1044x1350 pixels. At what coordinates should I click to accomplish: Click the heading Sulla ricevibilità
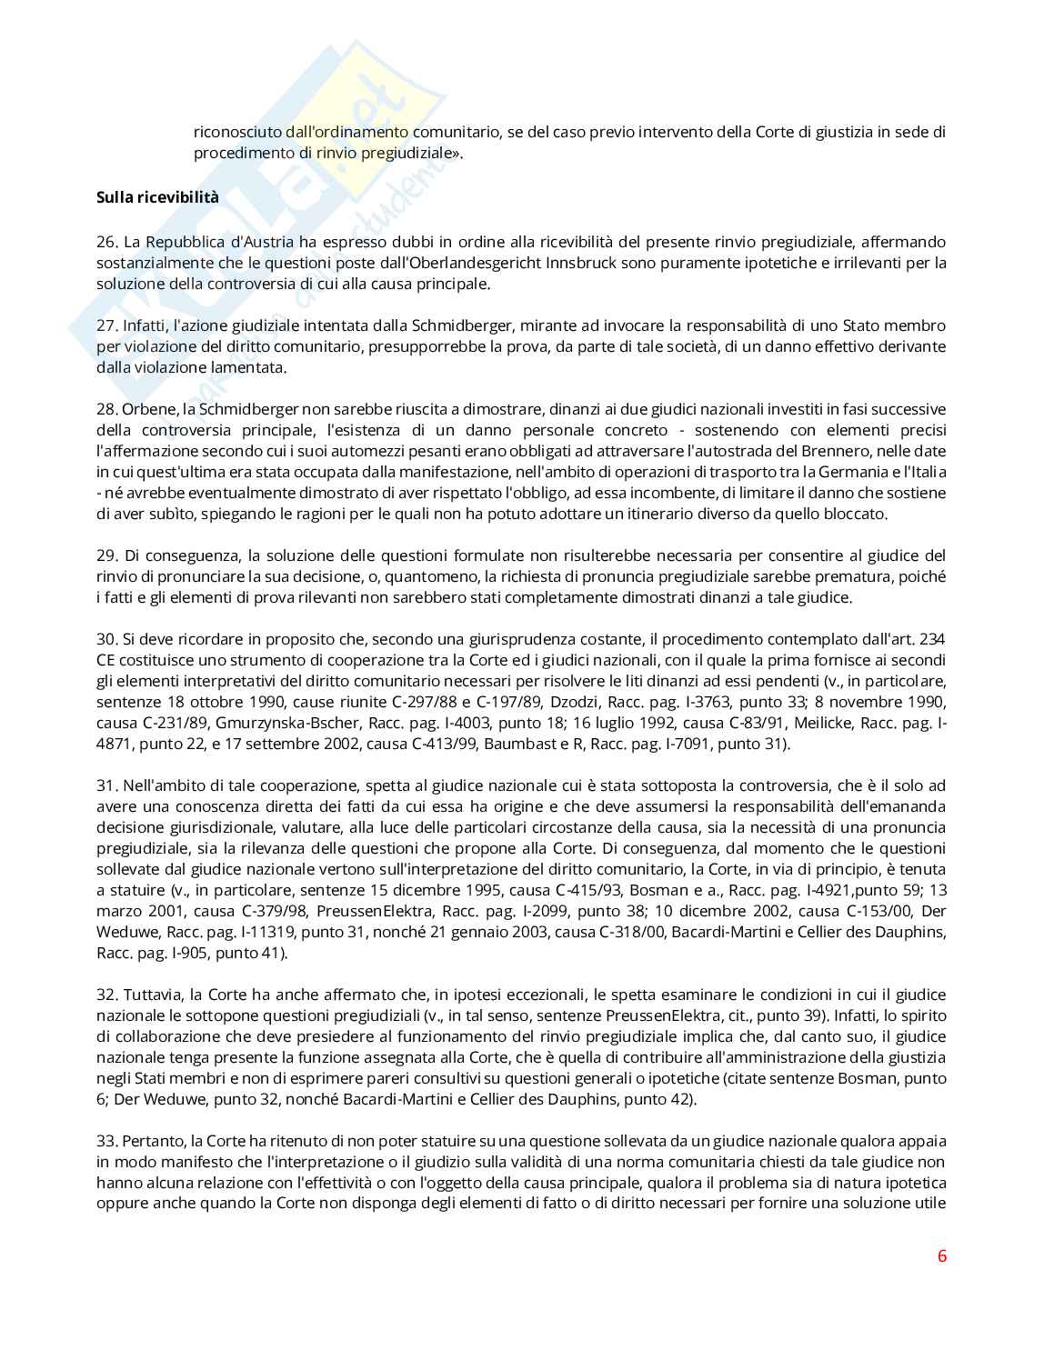(157, 197)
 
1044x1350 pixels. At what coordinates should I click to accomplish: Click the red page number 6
(941, 1256)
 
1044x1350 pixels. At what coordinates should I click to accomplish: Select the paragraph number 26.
(107, 242)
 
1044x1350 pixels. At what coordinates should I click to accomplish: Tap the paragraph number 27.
(107, 325)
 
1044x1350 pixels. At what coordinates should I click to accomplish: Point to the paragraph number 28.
(107, 409)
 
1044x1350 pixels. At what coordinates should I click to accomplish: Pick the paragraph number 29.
(107, 555)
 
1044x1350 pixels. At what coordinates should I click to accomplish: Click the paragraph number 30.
(107, 639)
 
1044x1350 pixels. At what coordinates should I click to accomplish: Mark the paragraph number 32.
(107, 995)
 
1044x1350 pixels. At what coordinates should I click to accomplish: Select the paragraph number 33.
(107, 1141)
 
